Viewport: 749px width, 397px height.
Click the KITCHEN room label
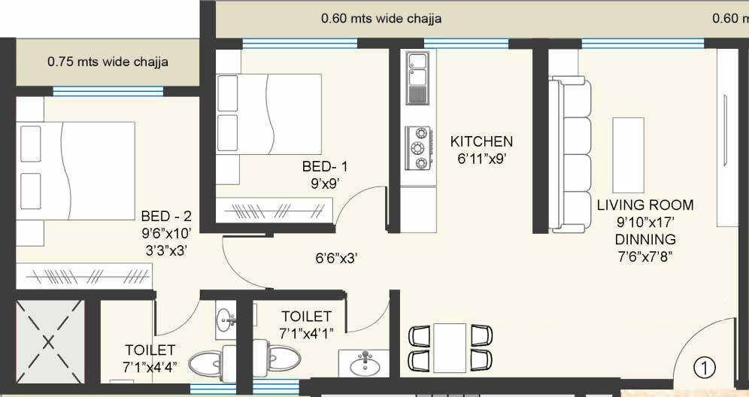coord(481,141)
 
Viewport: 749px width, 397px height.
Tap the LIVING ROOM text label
coord(645,205)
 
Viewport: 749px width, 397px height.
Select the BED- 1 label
coord(325,167)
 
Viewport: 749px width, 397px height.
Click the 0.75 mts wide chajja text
coord(108,62)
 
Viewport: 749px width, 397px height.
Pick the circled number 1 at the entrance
coord(704,368)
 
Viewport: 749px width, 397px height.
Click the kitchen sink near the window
coord(416,77)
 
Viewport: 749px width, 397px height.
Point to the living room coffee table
coord(628,155)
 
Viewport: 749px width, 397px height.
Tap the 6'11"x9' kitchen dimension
coord(481,159)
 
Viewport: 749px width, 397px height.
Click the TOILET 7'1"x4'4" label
coord(150,358)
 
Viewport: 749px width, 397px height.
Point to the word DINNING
coord(644,239)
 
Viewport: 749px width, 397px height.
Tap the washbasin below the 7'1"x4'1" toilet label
coord(365,362)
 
